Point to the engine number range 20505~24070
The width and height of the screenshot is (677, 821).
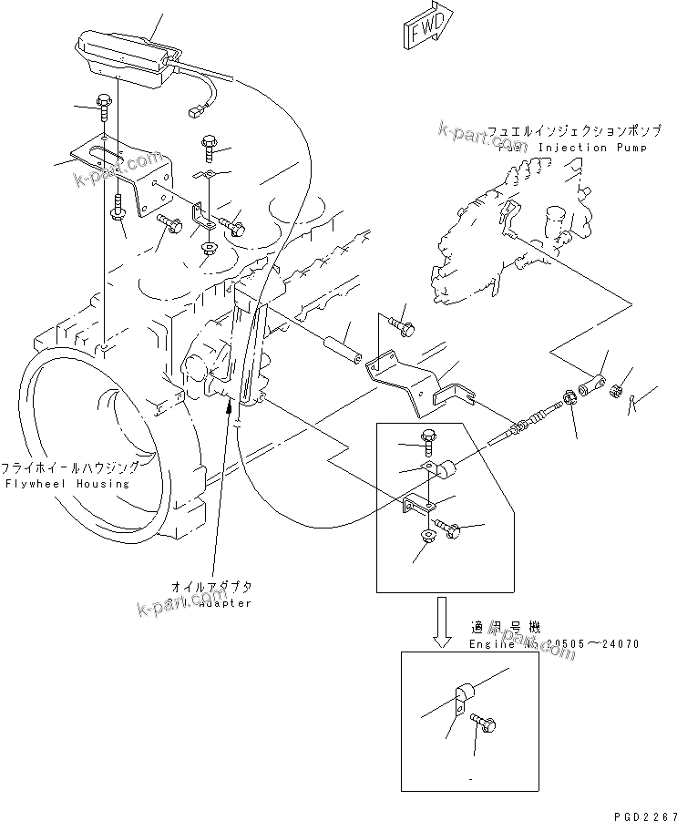point(593,643)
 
